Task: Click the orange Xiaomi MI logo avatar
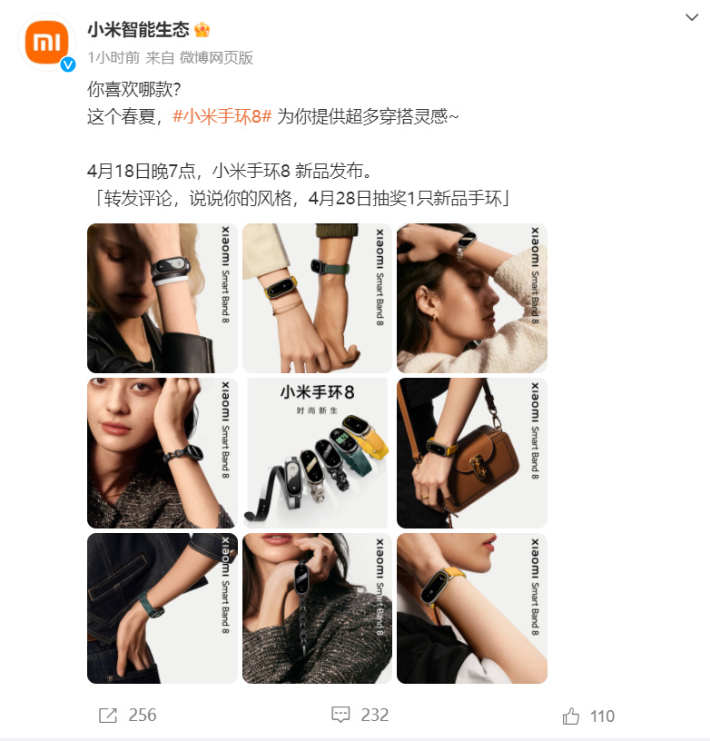(x=47, y=42)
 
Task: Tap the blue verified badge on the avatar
(x=68, y=64)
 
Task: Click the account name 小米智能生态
(x=138, y=30)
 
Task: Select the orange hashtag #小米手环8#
(x=222, y=116)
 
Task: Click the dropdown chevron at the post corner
(x=692, y=17)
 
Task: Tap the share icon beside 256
(x=108, y=715)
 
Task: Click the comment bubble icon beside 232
(x=340, y=715)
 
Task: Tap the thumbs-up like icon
(x=571, y=716)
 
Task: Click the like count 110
(x=602, y=716)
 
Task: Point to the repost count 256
(x=143, y=715)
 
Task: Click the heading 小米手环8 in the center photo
(x=317, y=392)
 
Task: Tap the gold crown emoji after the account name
(x=202, y=30)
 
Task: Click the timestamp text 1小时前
(x=113, y=57)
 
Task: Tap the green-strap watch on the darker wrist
(x=330, y=268)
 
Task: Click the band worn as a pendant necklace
(x=301, y=578)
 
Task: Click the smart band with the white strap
(x=170, y=271)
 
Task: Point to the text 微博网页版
(x=216, y=57)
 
